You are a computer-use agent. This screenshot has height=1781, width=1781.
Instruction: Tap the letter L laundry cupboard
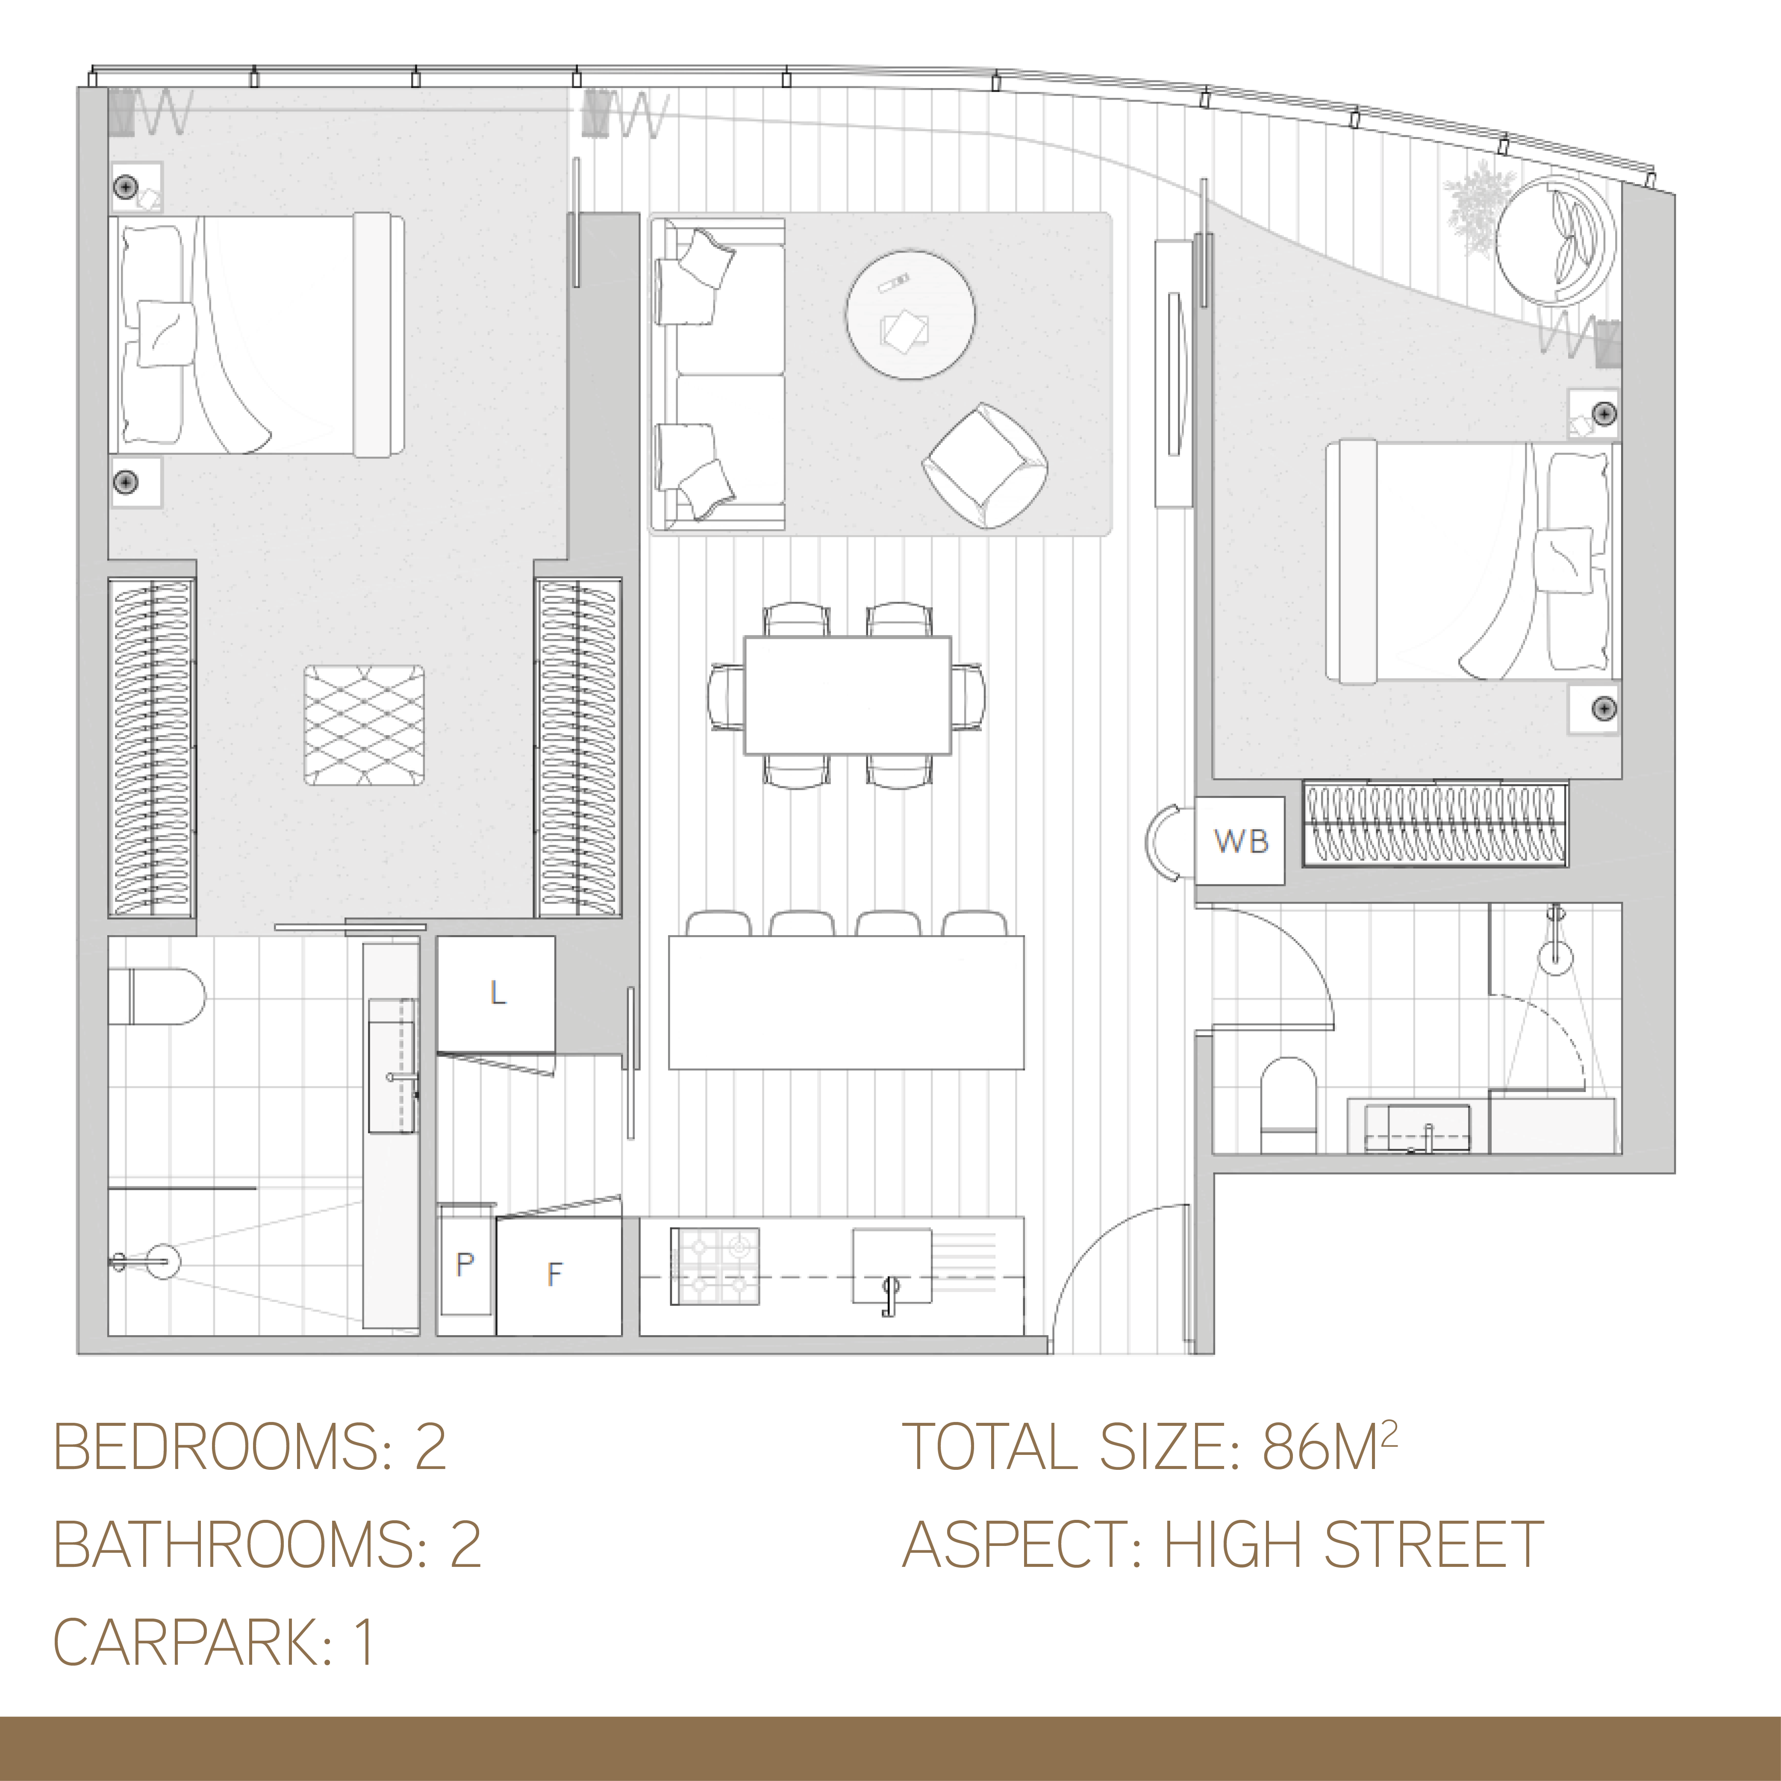(496, 994)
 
